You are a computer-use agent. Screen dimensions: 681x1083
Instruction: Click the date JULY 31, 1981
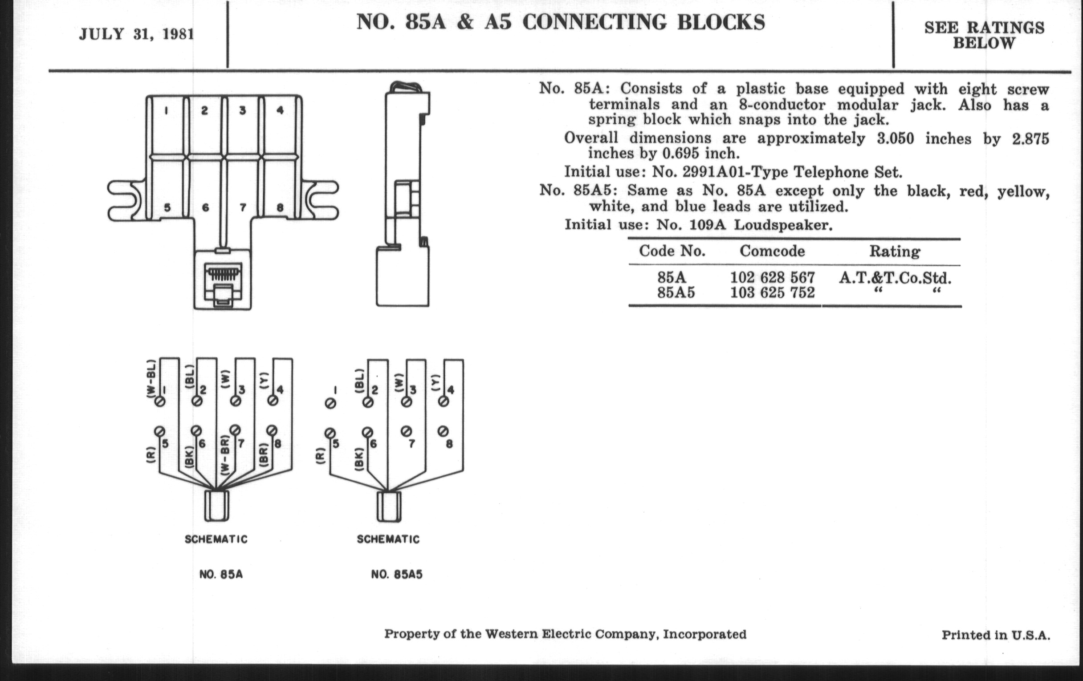136,34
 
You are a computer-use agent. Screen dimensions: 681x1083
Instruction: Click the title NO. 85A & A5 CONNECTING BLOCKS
560,22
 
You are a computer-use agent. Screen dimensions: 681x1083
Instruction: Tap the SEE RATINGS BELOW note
984,36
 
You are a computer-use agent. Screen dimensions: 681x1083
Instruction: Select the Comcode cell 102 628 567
772,278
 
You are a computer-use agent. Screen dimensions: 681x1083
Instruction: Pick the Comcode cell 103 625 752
772,293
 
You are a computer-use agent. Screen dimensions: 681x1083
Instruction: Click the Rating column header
895,251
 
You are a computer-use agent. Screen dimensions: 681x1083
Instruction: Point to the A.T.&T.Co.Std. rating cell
895,278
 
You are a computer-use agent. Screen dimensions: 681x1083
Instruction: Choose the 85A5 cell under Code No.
676,293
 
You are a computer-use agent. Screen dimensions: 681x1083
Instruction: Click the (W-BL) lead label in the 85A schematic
151,378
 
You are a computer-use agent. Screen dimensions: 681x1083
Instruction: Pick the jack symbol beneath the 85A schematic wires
217,506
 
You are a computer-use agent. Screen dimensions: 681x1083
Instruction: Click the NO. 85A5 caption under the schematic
397,575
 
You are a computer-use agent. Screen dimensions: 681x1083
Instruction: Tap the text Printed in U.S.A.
996,635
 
